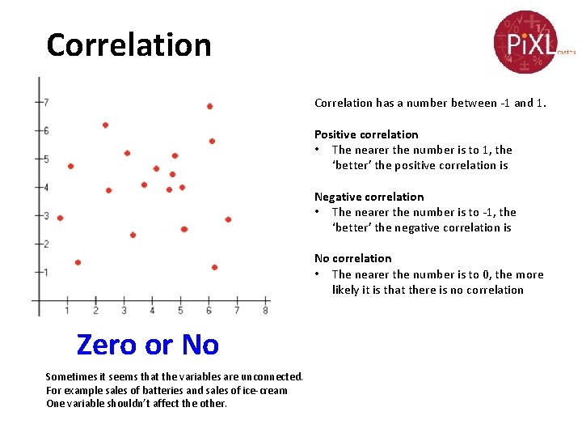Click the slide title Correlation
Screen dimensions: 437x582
tap(129, 45)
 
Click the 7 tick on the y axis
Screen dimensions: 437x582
tap(46, 102)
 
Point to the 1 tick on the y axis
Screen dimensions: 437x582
tap(46, 272)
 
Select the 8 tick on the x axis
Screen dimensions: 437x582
tap(265, 311)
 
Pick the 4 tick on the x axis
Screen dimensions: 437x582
tap(152, 311)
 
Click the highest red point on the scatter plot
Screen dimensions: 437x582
tap(209, 106)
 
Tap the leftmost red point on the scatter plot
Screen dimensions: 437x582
tap(60, 218)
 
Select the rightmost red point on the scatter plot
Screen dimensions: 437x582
tap(228, 219)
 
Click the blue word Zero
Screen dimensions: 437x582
tap(106, 345)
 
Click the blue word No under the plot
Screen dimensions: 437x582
tap(200, 345)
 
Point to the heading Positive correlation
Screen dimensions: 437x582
tap(366, 134)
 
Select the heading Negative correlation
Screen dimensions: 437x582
tap(369, 197)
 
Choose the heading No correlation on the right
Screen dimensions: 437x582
tap(352, 259)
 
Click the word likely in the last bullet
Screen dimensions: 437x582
tap(346, 290)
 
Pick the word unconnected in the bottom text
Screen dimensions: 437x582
tap(272, 377)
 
